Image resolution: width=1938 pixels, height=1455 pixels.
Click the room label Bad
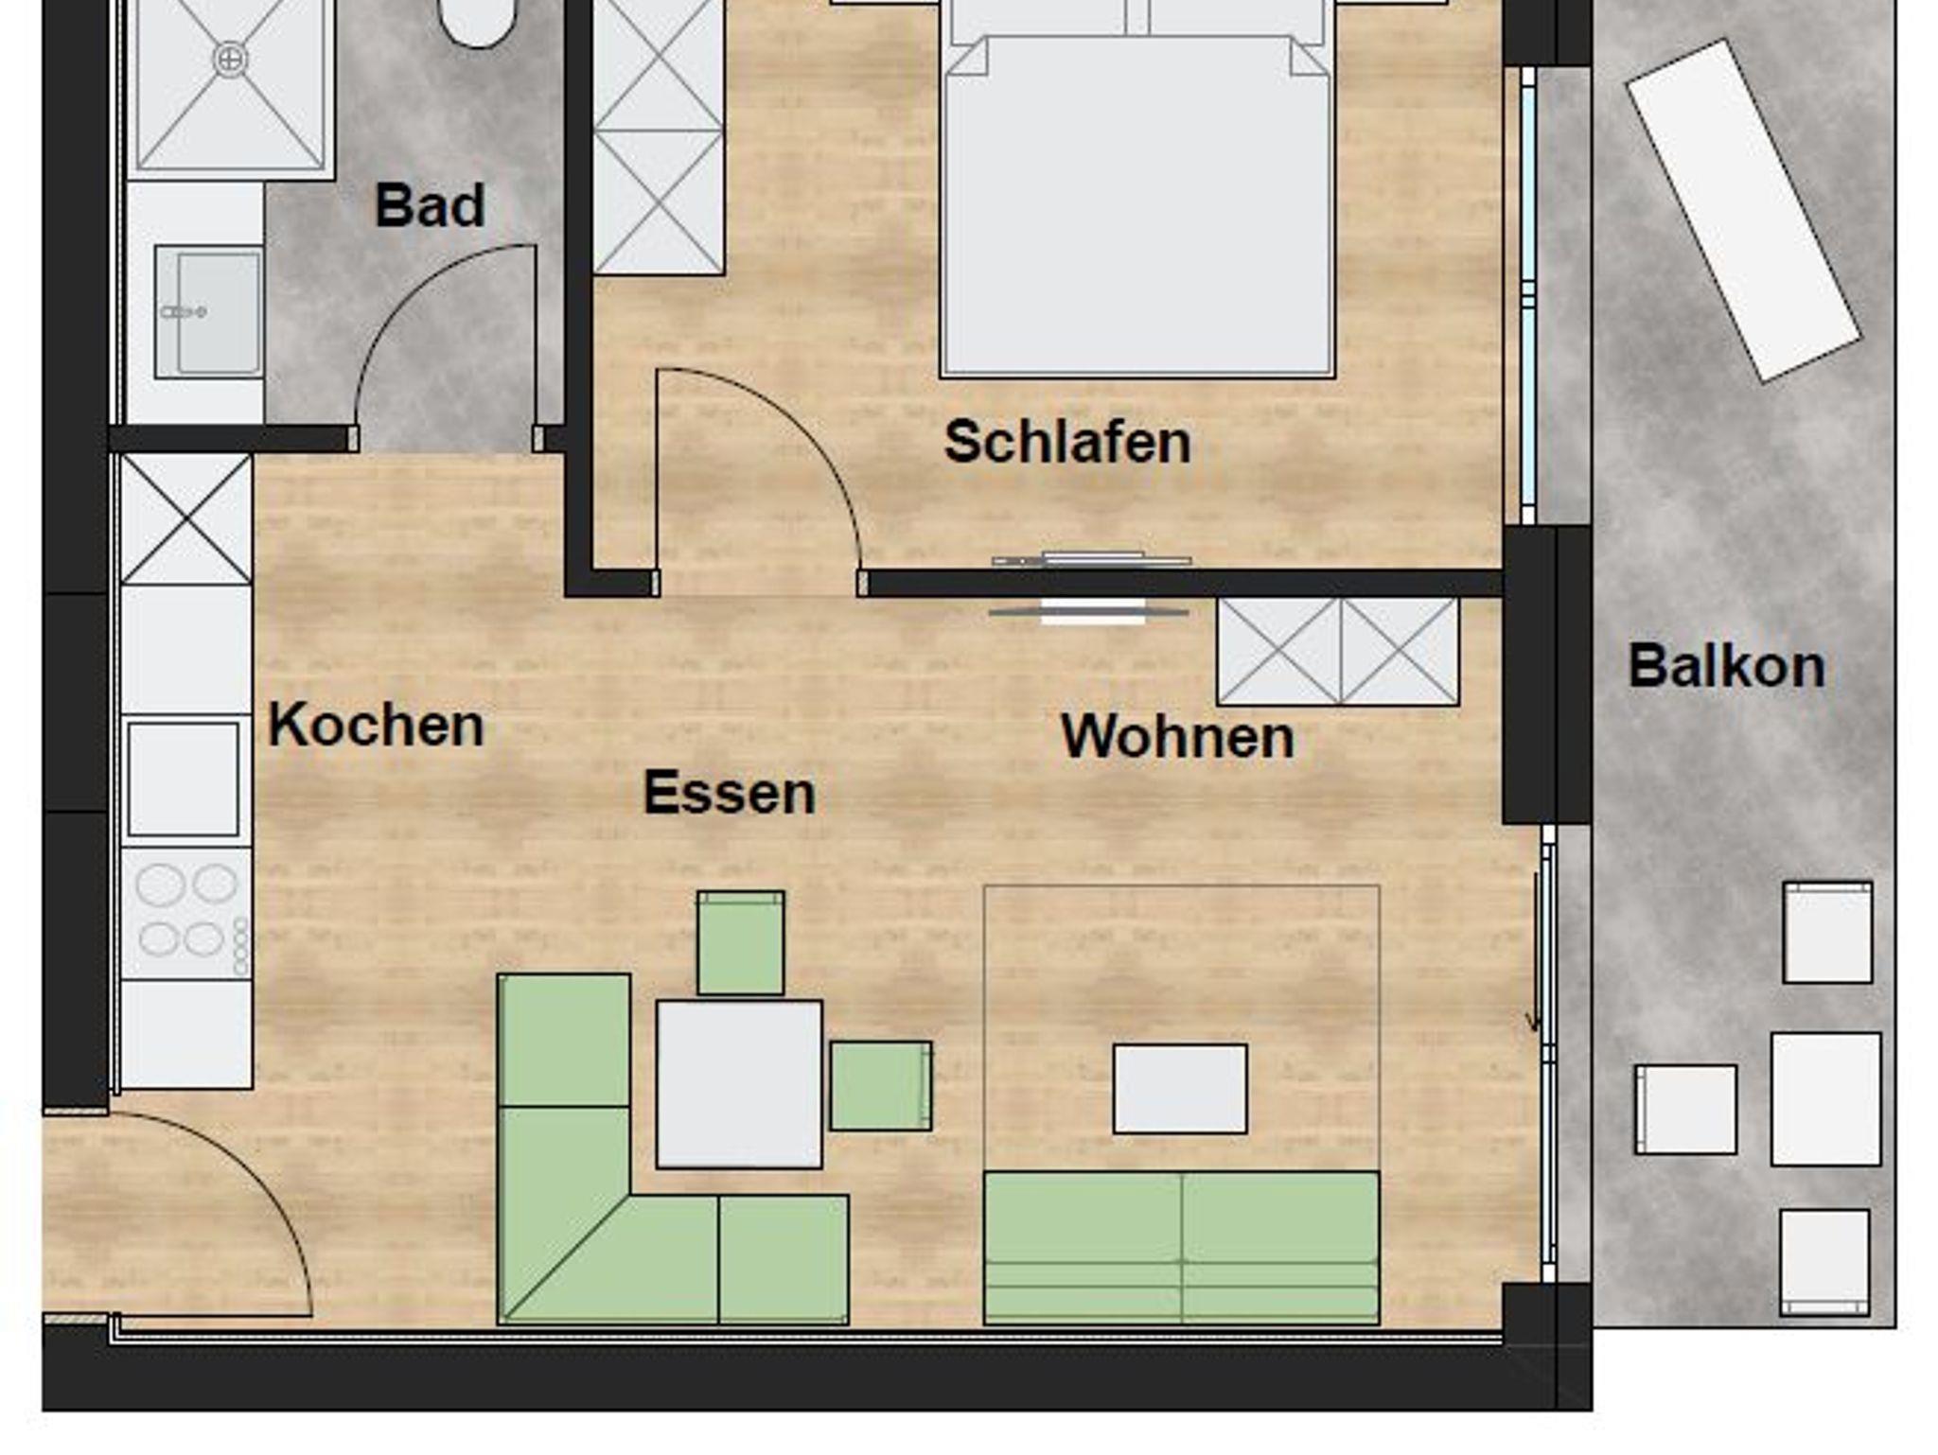(x=430, y=205)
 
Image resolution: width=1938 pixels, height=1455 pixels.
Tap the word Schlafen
(x=1067, y=442)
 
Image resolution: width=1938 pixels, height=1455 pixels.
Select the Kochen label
(x=376, y=726)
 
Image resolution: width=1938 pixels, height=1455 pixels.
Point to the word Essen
(x=730, y=793)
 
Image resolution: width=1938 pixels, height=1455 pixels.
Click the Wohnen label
(x=1177, y=736)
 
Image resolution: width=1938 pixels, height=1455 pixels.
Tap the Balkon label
(x=1727, y=666)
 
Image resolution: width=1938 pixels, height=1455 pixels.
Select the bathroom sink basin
(x=209, y=312)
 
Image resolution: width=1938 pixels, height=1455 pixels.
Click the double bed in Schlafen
(x=1137, y=188)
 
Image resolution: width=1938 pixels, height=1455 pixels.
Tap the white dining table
(x=739, y=1084)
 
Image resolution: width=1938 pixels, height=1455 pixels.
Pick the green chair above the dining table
(x=741, y=942)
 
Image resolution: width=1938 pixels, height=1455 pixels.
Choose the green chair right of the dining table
(x=881, y=1086)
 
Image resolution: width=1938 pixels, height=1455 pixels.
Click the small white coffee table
(x=1180, y=1089)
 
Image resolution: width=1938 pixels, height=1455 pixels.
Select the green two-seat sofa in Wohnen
(x=1182, y=1248)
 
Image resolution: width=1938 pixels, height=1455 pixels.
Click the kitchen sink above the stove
(x=184, y=780)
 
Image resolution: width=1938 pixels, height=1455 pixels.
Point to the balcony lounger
(x=1744, y=210)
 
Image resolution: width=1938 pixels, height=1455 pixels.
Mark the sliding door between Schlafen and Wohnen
(x=1089, y=585)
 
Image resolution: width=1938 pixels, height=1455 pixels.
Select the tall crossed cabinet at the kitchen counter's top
(x=186, y=519)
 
